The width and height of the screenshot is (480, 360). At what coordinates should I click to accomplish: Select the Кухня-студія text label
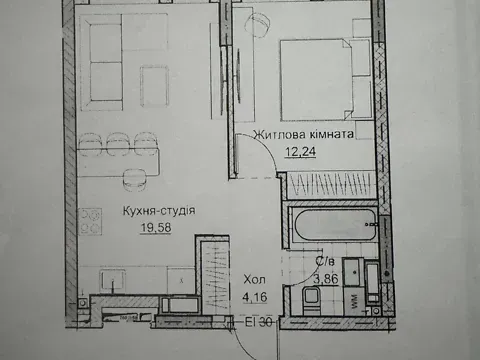coord(159,211)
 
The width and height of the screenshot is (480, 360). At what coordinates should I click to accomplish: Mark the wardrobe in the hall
coord(209,274)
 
